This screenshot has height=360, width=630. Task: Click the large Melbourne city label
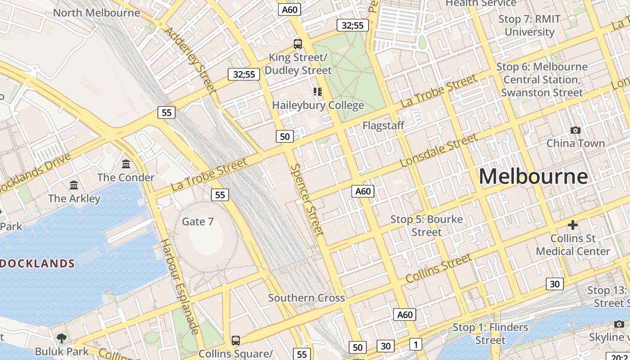tap(533, 176)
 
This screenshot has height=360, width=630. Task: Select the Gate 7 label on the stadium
tap(198, 221)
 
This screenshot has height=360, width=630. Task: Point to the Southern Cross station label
tap(306, 298)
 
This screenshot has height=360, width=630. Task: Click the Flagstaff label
tap(383, 126)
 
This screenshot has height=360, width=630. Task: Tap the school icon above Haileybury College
tap(318, 92)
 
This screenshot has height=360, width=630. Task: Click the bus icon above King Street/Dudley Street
tap(297, 44)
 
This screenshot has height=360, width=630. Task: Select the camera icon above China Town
tap(575, 130)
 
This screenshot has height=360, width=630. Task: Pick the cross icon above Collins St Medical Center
tap(572, 225)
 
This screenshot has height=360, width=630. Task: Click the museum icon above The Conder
tap(126, 164)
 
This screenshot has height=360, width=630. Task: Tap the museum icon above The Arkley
tap(74, 185)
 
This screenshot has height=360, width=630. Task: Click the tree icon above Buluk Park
tap(62, 338)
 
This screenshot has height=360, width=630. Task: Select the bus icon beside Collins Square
tap(235, 340)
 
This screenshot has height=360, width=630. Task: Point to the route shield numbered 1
tap(415, 345)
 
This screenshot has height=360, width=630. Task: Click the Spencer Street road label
tap(307, 200)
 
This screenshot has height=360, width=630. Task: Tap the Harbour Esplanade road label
tap(180, 287)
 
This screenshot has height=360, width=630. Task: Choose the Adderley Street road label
tap(190, 60)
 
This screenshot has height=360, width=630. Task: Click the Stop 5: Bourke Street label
tap(426, 226)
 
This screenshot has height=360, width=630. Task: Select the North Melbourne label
tap(97, 13)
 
